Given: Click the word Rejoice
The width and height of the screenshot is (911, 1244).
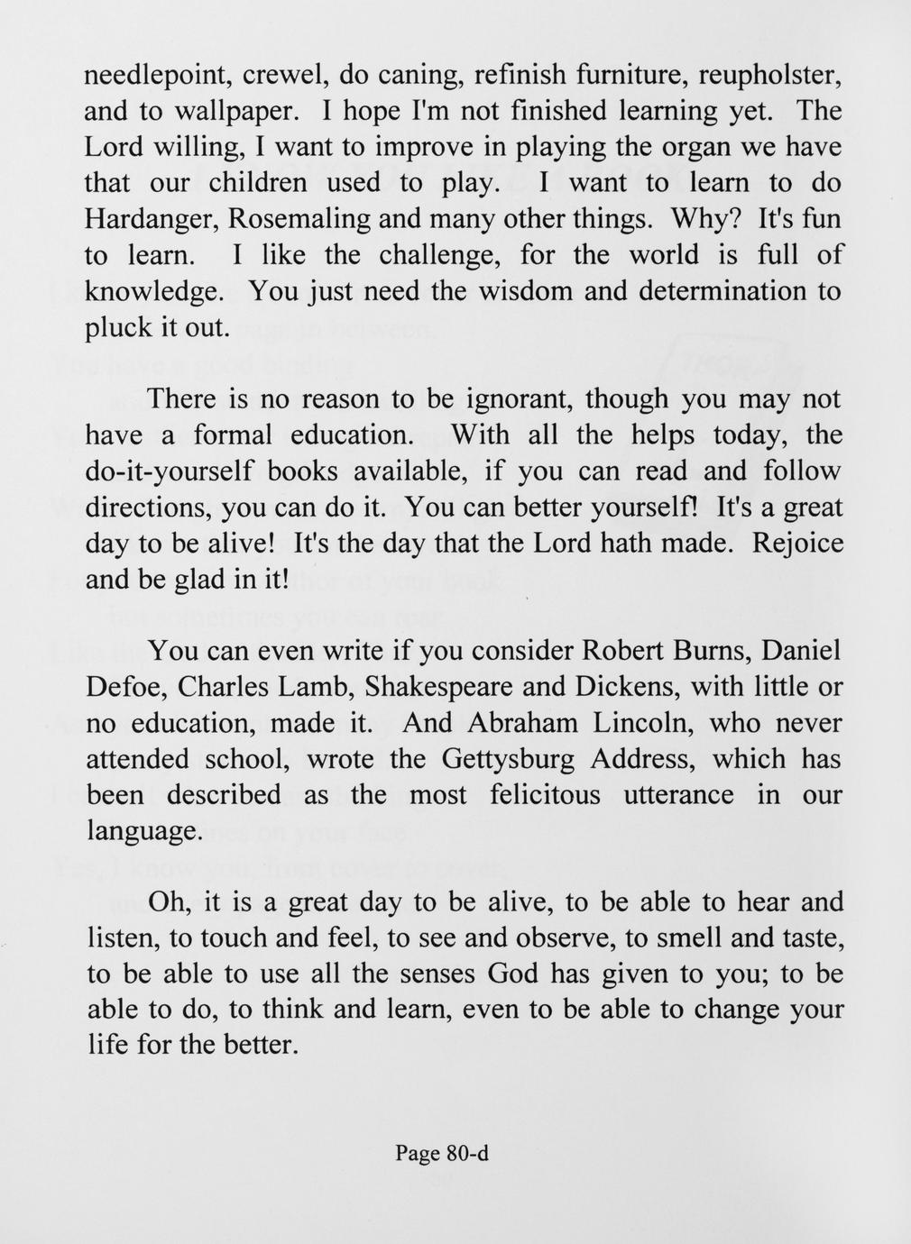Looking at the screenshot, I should tap(797, 544).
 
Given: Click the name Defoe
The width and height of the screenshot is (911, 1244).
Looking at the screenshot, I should tap(124, 687).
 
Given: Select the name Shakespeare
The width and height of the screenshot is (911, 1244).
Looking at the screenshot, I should tap(439, 687).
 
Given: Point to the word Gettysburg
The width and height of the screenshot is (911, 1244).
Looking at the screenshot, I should tap(508, 759).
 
